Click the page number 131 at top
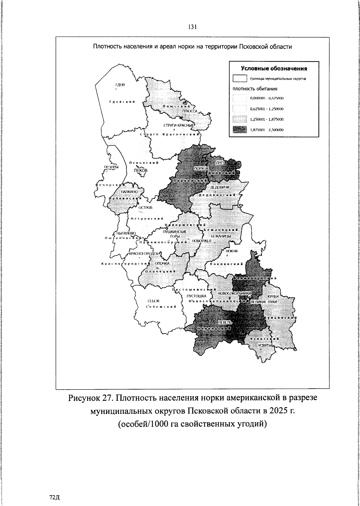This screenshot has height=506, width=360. click(192, 27)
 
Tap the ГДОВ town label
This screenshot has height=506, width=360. click(120, 85)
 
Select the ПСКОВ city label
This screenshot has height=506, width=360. click(141, 170)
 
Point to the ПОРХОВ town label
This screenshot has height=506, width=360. click(201, 169)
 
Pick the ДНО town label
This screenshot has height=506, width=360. click(220, 162)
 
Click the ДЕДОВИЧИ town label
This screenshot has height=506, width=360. click(220, 187)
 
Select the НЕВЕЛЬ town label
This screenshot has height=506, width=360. click(225, 322)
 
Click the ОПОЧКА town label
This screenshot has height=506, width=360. click(162, 263)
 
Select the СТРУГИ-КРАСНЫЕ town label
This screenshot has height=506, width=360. click(179, 125)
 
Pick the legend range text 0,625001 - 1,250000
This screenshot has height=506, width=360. click(267, 109)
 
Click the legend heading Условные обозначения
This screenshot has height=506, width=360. click(274, 68)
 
